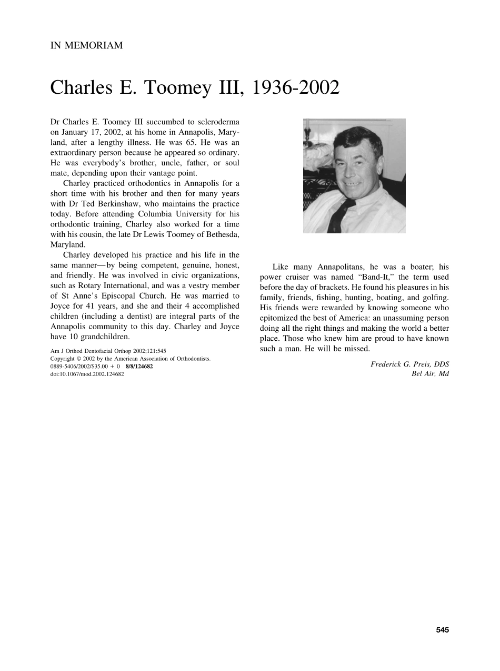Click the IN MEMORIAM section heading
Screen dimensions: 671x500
pos(86,46)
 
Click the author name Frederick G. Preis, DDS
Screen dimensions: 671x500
pos(409,364)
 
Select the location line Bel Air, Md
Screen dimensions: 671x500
pos(430,374)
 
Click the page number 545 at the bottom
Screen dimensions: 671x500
pos(442,630)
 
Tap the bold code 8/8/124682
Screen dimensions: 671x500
pos(139,366)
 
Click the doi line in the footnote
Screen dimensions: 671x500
pos(87,374)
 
